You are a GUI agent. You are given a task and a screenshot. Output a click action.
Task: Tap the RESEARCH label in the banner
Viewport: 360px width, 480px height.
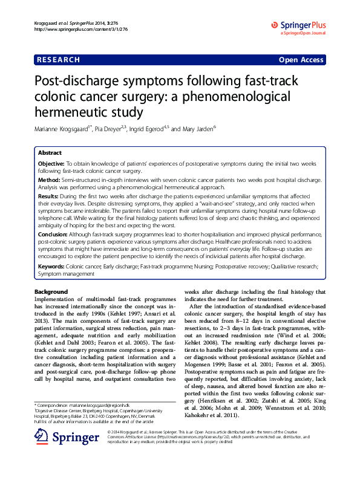[59, 60]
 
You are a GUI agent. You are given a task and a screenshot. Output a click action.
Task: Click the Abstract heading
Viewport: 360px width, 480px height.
[50, 153]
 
